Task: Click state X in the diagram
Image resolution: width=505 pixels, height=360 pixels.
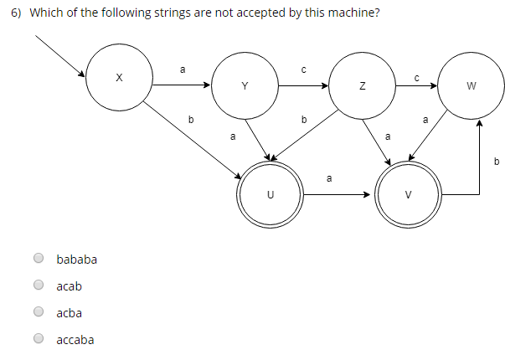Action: coord(118,77)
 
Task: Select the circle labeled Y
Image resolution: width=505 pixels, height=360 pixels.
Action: coord(245,85)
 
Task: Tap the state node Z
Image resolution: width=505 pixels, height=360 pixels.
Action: coord(362,85)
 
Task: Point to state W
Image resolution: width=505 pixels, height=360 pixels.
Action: coord(471,85)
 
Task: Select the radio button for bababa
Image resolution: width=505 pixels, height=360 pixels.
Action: coord(39,260)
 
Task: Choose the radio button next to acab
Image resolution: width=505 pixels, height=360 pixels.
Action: coord(39,286)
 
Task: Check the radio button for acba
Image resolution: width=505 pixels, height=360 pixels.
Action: coord(39,313)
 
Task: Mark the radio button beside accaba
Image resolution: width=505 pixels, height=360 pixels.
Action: coord(39,340)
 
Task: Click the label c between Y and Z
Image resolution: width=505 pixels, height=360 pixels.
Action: coord(304,69)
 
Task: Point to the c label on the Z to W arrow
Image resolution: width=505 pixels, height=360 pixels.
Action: coord(416,77)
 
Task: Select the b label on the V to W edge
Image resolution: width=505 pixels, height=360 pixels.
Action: coord(496,161)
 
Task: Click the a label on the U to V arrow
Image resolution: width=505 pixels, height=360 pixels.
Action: coord(329,177)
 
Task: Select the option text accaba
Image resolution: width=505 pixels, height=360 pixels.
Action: coord(75,340)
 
